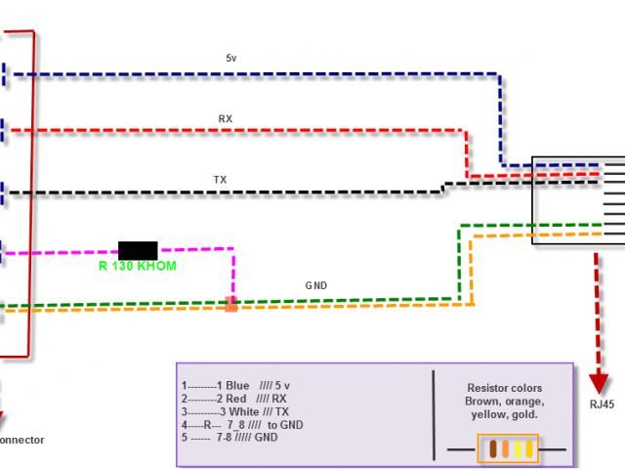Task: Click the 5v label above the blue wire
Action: click(231, 58)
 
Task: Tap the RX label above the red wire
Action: click(226, 118)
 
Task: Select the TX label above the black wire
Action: click(221, 179)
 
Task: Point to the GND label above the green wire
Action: click(316, 285)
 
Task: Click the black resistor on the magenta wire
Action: click(138, 249)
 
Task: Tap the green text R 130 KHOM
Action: click(138, 266)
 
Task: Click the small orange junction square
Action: click(231, 304)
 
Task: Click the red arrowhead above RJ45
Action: click(598, 378)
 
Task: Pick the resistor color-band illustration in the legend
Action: click(507, 449)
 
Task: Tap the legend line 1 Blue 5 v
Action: click(235, 385)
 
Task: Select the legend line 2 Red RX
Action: click(233, 399)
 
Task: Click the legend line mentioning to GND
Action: click(242, 426)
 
